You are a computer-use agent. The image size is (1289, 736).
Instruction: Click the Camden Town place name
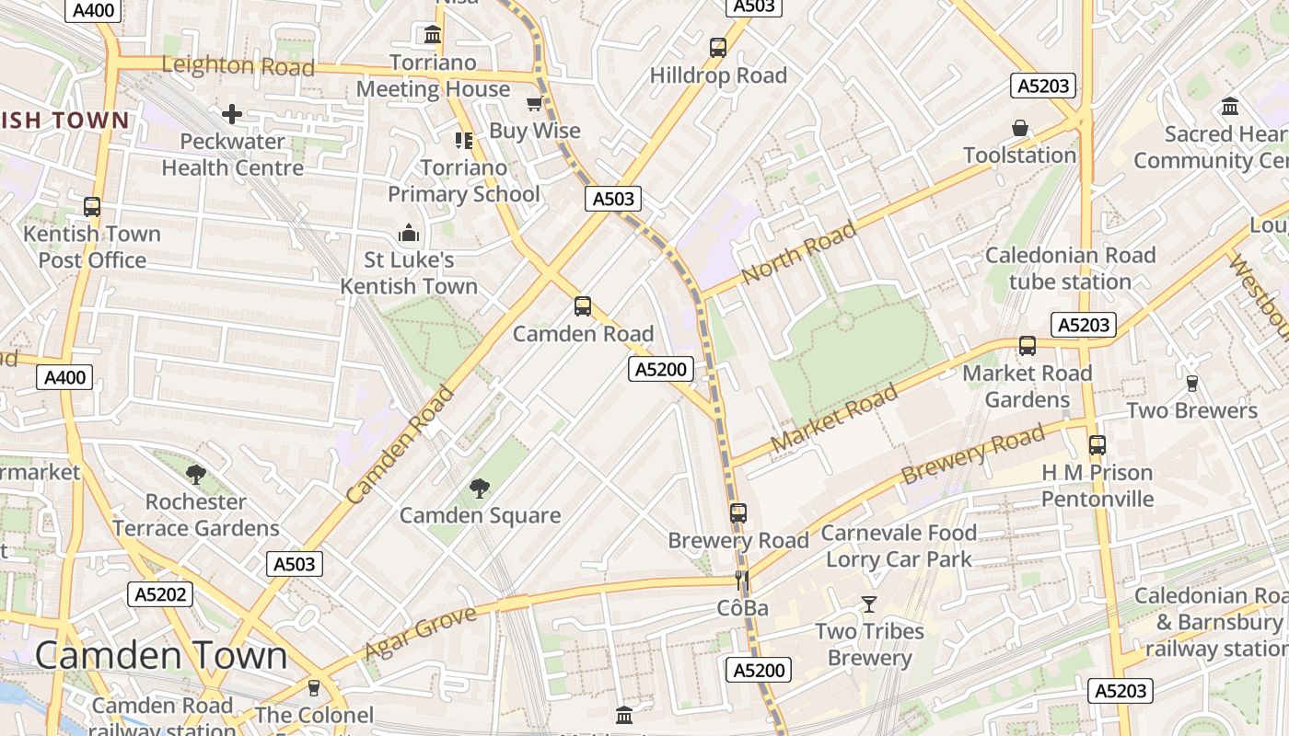pos(161,655)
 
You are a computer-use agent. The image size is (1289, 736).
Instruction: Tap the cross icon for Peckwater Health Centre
pos(232,114)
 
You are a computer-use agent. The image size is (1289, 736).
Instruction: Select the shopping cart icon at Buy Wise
pos(534,104)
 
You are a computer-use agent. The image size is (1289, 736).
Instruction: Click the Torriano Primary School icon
pos(463,141)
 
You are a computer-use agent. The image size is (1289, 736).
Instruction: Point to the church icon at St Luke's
pos(409,234)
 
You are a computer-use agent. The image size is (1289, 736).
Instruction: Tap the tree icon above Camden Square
pos(480,489)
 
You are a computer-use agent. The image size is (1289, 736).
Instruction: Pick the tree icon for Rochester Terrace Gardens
pos(195,475)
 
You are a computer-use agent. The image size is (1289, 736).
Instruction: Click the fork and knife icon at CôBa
pos(742,581)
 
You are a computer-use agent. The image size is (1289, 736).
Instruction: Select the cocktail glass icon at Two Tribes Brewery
pos(868,604)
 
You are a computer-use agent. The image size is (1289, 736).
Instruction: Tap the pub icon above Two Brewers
pos(1191,384)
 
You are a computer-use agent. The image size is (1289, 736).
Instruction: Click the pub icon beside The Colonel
pos(314,688)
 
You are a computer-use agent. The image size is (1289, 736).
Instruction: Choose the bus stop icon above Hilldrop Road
pos(718,48)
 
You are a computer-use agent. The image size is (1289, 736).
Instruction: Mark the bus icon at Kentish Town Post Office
pos(92,207)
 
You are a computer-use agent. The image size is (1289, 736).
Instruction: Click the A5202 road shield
pos(160,594)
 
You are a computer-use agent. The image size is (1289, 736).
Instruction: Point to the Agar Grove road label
pos(421,633)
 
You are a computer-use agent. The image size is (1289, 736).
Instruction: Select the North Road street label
pos(798,253)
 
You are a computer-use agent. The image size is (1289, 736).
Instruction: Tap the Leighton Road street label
pos(238,65)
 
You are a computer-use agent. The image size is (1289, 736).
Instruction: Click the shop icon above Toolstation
pos(1020,128)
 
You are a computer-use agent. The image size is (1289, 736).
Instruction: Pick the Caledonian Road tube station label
pos(1070,269)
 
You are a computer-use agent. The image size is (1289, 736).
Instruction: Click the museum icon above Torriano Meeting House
pos(433,35)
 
